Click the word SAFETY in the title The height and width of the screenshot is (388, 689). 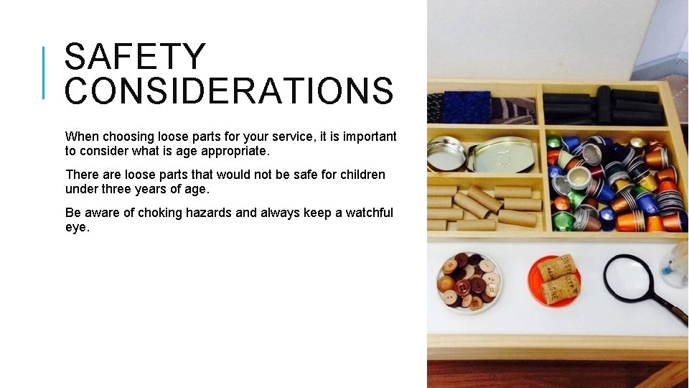coord(135,57)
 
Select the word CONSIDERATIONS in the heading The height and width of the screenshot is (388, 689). coord(229,91)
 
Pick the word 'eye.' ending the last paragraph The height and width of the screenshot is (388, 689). coord(78,227)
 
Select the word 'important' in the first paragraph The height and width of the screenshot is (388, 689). coord(370,137)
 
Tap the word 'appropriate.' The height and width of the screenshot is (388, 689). coord(234,152)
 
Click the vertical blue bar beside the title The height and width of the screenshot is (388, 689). coord(44,72)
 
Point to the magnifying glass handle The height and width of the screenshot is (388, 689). coord(670,310)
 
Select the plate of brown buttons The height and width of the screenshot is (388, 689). coord(469,281)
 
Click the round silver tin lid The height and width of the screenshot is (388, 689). coord(446,153)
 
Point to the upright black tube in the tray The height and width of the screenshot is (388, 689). coord(604,105)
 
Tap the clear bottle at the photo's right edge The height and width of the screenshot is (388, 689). coord(676,264)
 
